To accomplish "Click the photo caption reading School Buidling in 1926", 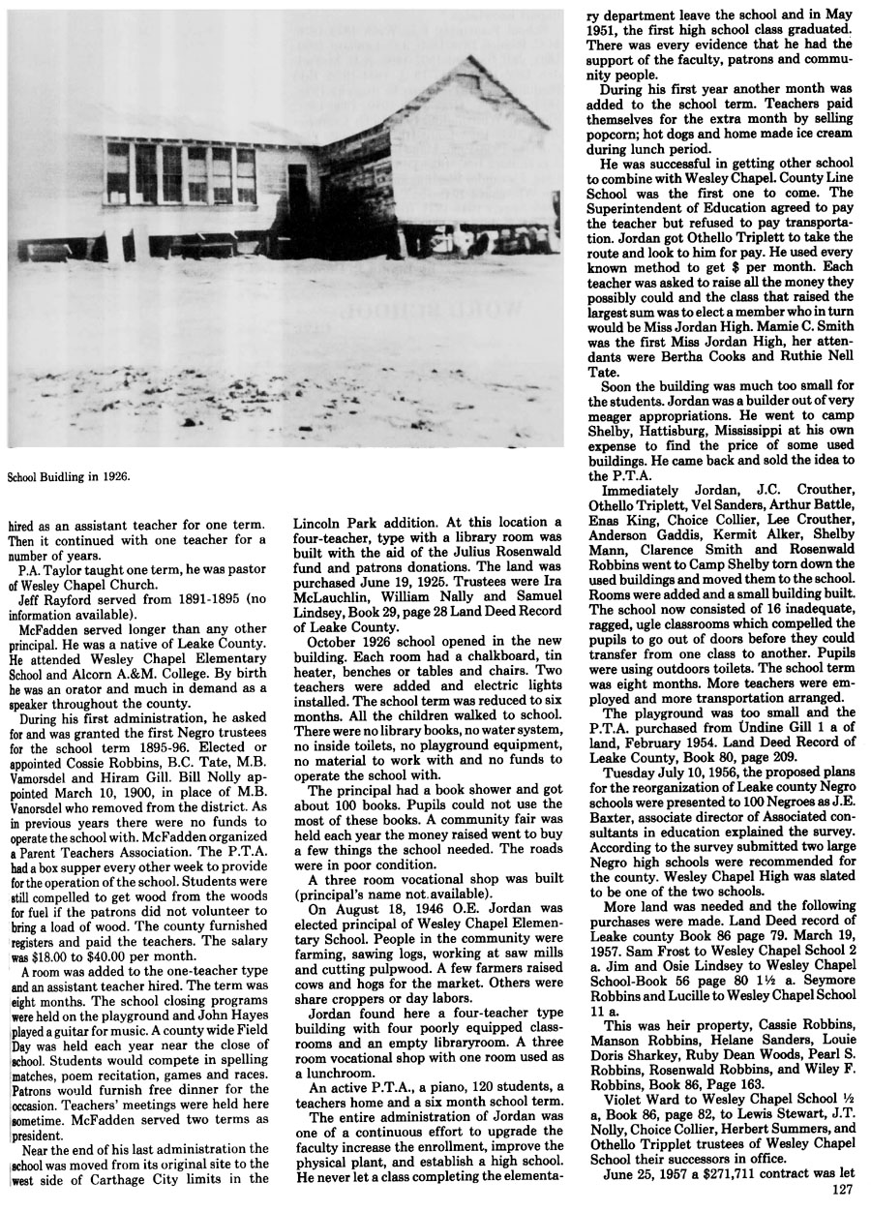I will coord(68,477).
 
